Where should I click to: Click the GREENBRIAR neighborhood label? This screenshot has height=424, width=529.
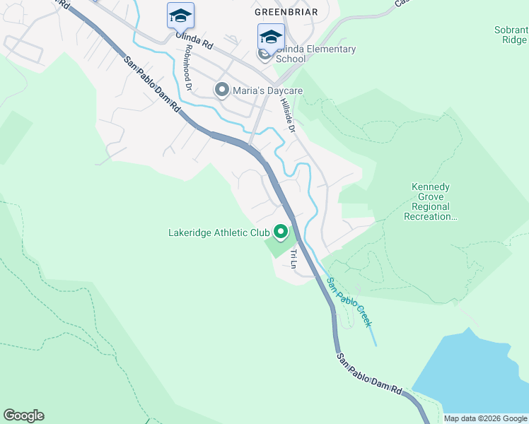point(286,12)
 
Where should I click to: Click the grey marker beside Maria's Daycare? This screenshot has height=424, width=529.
point(221,90)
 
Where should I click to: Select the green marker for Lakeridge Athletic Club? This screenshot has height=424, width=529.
point(281,232)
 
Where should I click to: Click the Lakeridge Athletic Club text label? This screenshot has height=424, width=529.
point(219,232)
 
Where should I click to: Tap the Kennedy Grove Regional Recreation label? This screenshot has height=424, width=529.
point(431,201)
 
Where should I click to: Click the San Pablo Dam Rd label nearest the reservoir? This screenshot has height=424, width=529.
point(369,374)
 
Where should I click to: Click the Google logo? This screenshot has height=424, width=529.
point(23,416)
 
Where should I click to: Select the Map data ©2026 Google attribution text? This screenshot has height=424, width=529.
point(484,418)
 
